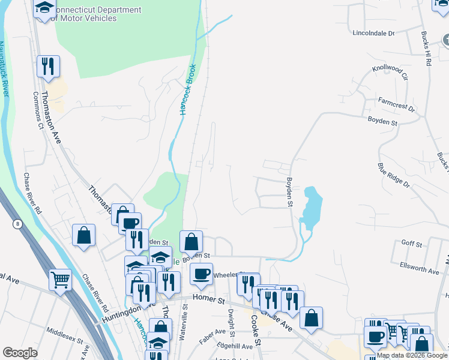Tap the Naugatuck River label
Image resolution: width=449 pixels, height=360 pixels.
tap(5, 66)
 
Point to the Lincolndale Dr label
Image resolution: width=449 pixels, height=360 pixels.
tap(373, 33)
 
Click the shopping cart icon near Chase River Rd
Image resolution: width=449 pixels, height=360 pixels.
tap(60, 280)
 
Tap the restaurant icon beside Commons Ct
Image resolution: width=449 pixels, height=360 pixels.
tap(48, 66)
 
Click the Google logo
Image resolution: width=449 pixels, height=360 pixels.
tap(20, 353)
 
